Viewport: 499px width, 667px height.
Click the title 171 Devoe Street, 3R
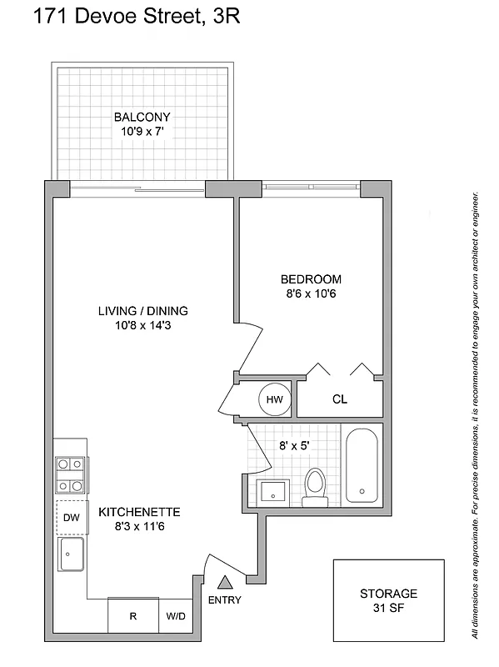pyautogui.click(x=125, y=17)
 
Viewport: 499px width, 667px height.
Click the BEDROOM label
pyautogui.click(x=310, y=279)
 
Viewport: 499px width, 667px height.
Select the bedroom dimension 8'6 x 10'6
pyautogui.click(x=310, y=293)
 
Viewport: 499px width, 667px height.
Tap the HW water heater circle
pyautogui.click(x=274, y=399)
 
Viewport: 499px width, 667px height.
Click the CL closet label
pyautogui.click(x=339, y=399)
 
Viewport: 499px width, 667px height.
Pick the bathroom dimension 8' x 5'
pyautogui.click(x=293, y=445)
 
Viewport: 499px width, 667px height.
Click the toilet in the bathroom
pyautogui.click(x=315, y=487)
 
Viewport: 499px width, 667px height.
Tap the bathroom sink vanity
pyautogui.click(x=272, y=492)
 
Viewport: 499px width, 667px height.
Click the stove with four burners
pyautogui.click(x=69, y=475)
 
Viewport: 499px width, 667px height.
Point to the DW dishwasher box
pyautogui.click(x=71, y=517)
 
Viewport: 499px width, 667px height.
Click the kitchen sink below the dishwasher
pyautogui.click(x=71, y=554)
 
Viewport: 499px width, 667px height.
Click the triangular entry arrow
pyautogui.click(x=222, y=584)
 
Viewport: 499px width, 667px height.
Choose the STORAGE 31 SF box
pyautogui.click(x=388, y=600)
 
